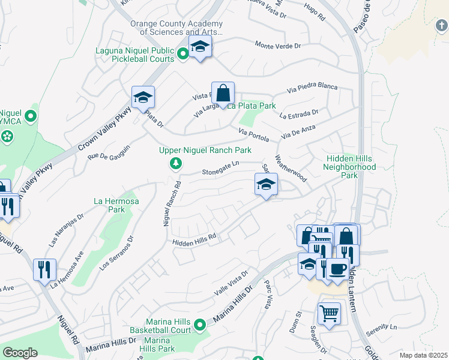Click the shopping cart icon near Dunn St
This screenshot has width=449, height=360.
tap(329, 313)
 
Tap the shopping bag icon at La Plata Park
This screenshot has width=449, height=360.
tap(223, 94)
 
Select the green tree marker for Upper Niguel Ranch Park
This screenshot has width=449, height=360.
tap(175, 163)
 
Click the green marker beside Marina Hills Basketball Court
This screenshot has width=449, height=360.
tap(199, 326)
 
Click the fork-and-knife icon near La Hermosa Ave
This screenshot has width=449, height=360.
tap(44, 269)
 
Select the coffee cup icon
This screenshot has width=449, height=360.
tap(339, 268)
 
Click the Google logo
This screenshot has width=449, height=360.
tap(20, 353)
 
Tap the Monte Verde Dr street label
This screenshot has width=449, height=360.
tap(277, 45)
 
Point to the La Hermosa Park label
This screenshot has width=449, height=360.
tap(116, 205)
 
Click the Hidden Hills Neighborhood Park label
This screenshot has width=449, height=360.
tap(350, 167)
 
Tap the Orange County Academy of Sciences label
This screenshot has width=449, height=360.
tap(176, 28)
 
